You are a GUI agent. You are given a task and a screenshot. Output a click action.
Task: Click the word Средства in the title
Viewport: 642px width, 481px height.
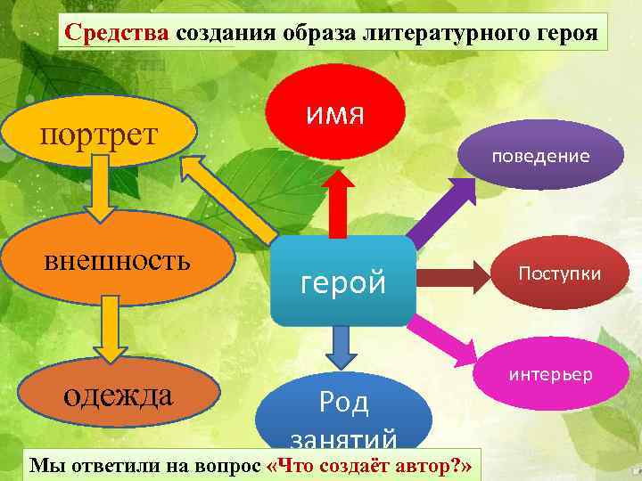click(119, 35)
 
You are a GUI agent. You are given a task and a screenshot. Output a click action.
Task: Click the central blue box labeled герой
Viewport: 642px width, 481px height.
click(343, 281)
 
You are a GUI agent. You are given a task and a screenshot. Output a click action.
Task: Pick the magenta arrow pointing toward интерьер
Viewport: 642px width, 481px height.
click(449, 338)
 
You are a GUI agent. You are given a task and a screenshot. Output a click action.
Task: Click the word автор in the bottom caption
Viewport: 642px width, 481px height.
click(429, 466)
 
